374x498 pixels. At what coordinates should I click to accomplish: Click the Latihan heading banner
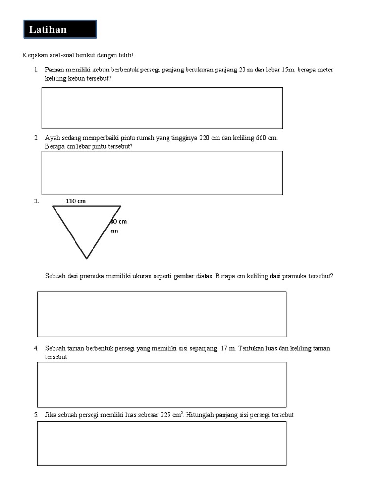(x=60, y=30)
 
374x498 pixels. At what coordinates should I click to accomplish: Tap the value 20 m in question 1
(x=246, y=70)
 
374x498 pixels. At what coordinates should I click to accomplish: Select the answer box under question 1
(x=162, y=108)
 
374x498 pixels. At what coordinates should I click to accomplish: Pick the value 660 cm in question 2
(x=266, y=138)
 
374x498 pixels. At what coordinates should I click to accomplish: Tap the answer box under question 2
(x=162, y=173)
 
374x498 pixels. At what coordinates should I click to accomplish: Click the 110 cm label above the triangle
(x=75, y=201)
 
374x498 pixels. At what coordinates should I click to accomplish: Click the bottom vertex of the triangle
(x=87, y=258)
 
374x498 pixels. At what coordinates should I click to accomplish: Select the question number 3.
(x=37, y=201)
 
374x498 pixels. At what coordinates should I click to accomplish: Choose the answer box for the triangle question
(x=162, y=314)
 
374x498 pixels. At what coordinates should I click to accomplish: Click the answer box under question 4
(x=162, y=384)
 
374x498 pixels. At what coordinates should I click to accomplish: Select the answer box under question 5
(x=162, y=443)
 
